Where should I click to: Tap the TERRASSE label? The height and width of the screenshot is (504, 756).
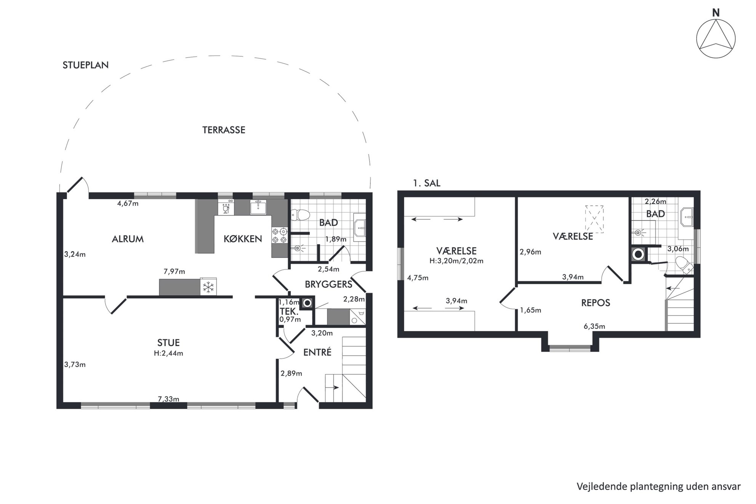(x=224, y=130)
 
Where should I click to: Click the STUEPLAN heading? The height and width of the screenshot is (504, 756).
(x=86, y=65)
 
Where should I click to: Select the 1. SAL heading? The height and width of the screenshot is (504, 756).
(x=426, y=183)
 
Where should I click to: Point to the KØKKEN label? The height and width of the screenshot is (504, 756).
(x=243, y=238)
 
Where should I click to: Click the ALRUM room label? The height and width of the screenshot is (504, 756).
(x=128, y=239)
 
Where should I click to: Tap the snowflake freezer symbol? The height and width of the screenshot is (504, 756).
(x=208, y=287)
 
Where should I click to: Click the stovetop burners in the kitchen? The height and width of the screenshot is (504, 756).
(x=279, y=235)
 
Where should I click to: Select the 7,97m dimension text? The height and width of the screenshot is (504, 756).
(x=174, y=272)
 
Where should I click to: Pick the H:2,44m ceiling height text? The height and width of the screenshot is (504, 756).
(x=168, y=353)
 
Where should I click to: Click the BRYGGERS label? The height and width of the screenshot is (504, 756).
(x=328, y=284)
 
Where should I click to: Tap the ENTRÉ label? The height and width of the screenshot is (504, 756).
(x=317, y=352)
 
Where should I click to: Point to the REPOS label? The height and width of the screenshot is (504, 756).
(x=596, y=303)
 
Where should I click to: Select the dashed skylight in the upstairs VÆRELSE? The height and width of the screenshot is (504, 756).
(x=594, y=219)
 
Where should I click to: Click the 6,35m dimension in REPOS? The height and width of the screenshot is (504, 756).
(x=594, y=326)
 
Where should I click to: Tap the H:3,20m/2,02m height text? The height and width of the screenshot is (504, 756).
(x=456, y=261)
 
